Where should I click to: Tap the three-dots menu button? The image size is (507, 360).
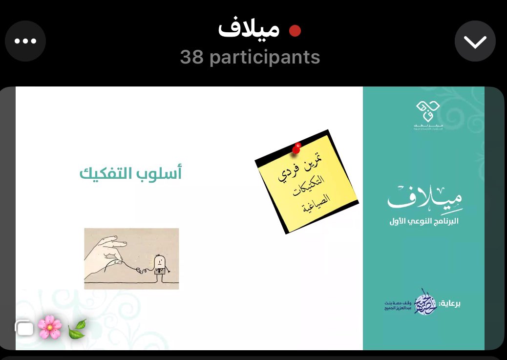[25, 42]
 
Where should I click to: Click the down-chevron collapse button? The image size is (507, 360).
[475, 42]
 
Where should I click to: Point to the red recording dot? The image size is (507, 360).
[295, 31]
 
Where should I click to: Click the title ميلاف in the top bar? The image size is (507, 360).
[249, 30]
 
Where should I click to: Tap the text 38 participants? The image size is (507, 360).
[250, 57]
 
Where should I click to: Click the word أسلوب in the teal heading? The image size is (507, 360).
[162, 173]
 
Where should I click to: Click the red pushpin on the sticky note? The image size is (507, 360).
[296, 148]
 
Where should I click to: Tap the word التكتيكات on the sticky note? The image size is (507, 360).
[308, 187]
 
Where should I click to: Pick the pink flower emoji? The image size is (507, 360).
[50, 327]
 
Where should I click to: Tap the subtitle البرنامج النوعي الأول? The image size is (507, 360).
[423, 221]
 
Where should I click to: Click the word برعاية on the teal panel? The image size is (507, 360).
[449, 303]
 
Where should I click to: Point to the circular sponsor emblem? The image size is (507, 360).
[425, 302]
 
